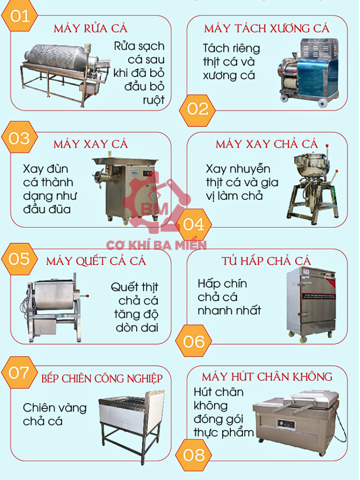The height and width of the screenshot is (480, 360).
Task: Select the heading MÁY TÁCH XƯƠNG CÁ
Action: pyautogui.click(x=267, y=28)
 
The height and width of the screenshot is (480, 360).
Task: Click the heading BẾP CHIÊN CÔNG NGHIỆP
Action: pyautogui.click(x=102, y=378)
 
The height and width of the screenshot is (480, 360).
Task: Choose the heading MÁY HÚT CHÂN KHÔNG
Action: pyautogui.click(x=267, y=376)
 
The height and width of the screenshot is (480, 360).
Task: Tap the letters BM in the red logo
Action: pyautogui.click(x=154, y=209)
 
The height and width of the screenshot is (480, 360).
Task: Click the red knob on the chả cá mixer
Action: pyautogui.click(x=328, y=145)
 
